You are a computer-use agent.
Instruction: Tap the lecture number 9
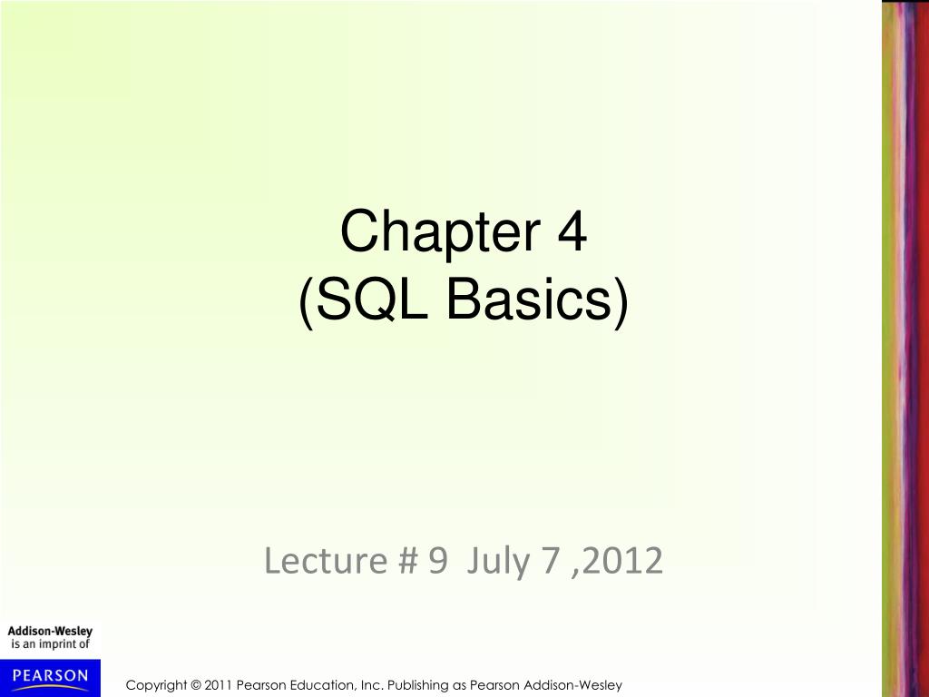[x=438, y=561]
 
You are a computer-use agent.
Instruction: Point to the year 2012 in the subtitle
[x=624, y=561]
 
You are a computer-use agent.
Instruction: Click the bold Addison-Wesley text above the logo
[x=50, y=632]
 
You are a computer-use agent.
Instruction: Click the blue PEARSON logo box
[x=50, y=676]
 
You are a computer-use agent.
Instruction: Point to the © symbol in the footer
[x=197, y=685]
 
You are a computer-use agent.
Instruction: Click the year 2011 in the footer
[x=220, y=685]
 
